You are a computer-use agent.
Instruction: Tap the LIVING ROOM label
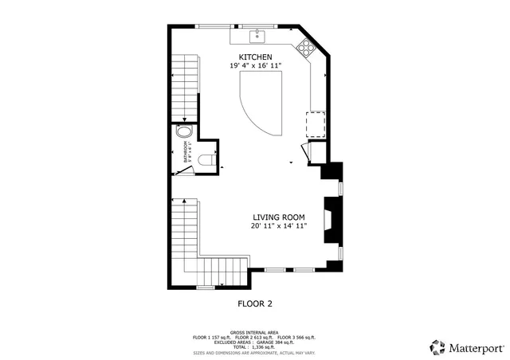(279, 217)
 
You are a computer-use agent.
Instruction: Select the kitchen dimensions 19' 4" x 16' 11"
(256, 67)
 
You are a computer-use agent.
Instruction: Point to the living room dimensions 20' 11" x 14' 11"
(279, 226)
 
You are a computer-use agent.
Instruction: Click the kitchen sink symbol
(258, 35)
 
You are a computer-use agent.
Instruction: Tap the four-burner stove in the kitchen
(306, 47)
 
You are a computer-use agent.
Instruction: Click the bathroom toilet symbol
(206, 159)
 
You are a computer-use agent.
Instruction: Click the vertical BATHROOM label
(186, 152)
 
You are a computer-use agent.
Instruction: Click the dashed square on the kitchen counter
(315, 124)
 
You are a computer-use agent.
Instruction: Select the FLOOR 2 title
(255, 303)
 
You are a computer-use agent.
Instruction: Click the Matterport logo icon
(437, 346)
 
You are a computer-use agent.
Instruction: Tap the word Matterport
(477, 347)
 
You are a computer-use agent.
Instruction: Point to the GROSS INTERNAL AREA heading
(255, 332)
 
